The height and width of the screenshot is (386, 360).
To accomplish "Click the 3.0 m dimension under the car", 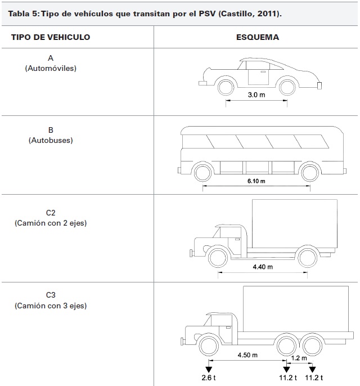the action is click(256, 95).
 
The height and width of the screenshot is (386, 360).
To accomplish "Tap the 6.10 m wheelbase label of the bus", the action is click(256, 182).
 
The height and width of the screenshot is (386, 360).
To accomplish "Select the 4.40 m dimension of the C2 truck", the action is click(262, 266).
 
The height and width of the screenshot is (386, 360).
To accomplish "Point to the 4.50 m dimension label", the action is click(247, 355).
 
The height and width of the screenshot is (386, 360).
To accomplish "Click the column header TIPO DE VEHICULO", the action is click(51, 37).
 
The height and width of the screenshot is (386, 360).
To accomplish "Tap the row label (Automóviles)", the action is click(51, 68).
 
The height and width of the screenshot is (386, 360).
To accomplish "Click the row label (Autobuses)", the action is click(51, 140).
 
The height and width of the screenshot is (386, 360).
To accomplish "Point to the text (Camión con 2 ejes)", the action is click(51, 223).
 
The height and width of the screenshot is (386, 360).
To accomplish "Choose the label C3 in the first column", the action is click(51, 294).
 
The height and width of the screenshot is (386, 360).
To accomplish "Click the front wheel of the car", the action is click(227, 87).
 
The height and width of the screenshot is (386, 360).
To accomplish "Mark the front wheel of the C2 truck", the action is click(219, 257).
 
